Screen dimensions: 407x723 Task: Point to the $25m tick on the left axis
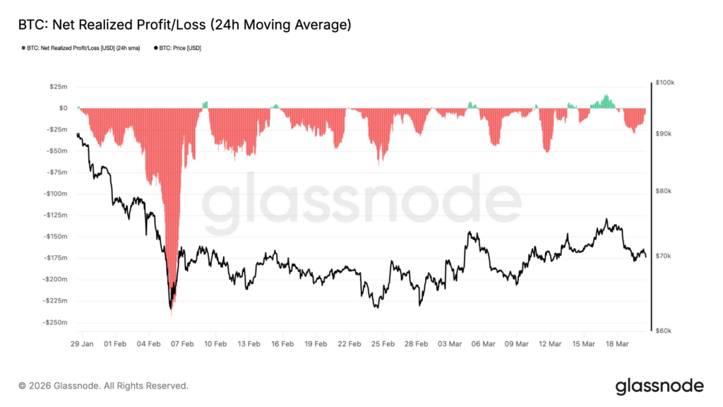coord(58,87)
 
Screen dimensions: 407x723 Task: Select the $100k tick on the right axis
coord(665,83)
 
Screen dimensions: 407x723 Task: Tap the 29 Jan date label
coord(83,344)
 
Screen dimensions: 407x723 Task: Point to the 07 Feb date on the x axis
coord(183,344)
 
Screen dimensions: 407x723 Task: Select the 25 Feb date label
coord(383,344)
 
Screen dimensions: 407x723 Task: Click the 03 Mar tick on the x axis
coord(450,344)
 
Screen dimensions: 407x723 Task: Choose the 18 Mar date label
coord(617,344)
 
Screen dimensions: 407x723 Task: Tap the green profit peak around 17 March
coord(605,98)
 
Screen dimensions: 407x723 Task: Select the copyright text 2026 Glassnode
coord(103,386)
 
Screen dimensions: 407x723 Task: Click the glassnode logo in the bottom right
coord(659,386)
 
